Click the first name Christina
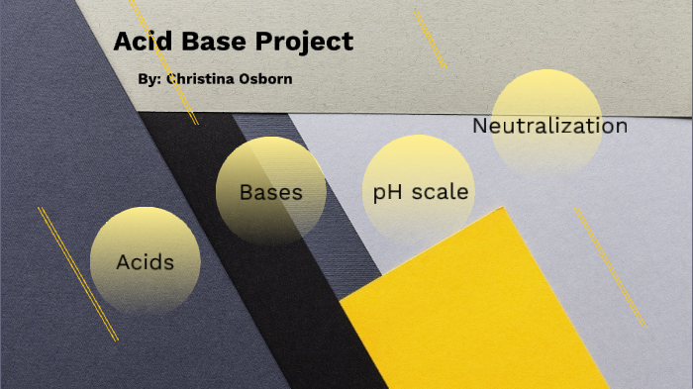[x=203, y=78]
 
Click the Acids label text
[x=145, y=262]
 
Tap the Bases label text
[x=270, y=192]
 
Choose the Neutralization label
[x=549, y=126]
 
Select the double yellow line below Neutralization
[x=609, y=266]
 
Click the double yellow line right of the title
[x=430, y=39]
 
